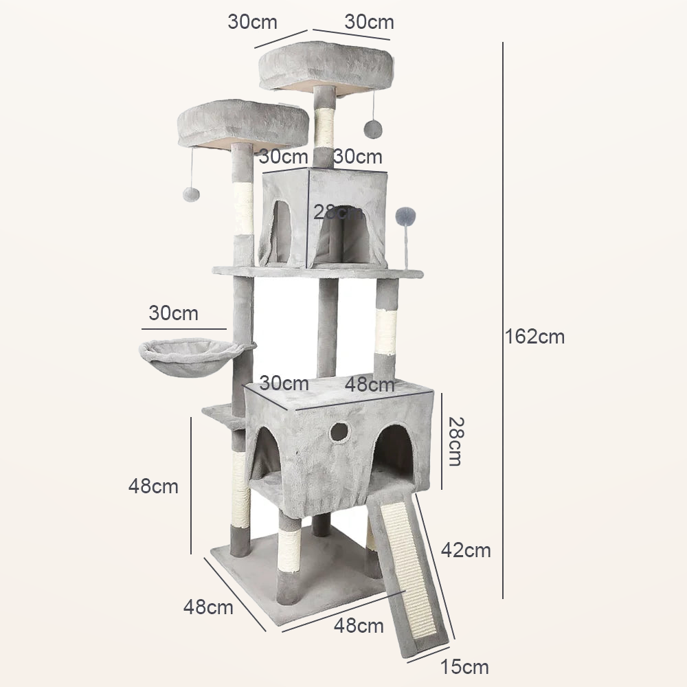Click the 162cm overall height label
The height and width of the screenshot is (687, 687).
pos(535,337)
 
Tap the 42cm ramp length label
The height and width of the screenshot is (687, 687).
pos(466,550)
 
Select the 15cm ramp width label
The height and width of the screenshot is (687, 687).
pos(464,667)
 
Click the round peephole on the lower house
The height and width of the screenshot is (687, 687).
pos(339,431)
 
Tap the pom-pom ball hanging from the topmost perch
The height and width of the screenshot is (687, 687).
pos(373,129)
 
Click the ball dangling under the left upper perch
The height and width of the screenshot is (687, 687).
pos(191,194)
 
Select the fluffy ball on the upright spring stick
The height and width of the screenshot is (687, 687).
pos(406,216)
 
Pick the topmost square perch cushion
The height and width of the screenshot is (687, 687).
pos(326,66)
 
